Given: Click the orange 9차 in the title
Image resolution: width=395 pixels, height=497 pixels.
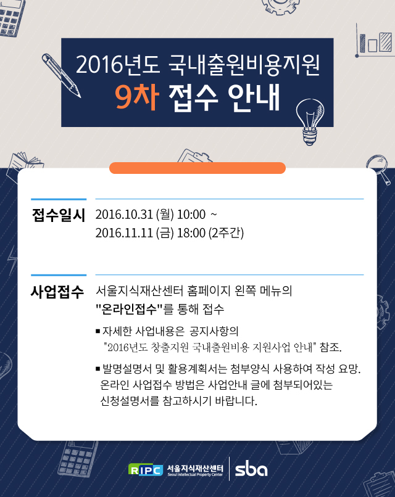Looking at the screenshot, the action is click(x=137, y=97).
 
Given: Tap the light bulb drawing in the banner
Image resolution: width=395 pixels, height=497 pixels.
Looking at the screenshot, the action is click(x=310, y=121).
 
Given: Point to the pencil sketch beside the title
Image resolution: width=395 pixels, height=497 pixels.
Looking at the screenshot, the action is click(x=61, y=75).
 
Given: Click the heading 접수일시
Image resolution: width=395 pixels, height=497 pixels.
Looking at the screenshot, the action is click(x=59, y=215).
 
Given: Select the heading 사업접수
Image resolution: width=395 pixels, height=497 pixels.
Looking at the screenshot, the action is click(x=57, y=291).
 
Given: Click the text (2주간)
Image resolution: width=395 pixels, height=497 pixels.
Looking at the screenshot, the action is click(x=227, y=233).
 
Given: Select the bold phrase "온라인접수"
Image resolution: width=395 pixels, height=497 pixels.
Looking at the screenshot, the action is click(x=129, y=308).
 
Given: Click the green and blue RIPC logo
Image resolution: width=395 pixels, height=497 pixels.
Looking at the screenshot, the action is click(x=146, y=469).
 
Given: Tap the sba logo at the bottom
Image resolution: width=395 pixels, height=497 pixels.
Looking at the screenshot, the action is click(x=251, y=469).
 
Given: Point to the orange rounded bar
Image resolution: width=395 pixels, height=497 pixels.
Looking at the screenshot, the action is click(x=197, y=168).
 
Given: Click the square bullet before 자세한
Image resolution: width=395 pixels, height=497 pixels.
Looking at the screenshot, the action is click(x=98, y=332).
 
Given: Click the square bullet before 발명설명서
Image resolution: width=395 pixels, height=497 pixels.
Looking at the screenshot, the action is click(x=98, y=369).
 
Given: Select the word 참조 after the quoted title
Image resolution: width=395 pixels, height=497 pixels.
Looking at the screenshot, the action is click(x=331, y=347).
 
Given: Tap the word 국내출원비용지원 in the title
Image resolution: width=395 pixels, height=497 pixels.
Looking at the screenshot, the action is click(x=244, y=64).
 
